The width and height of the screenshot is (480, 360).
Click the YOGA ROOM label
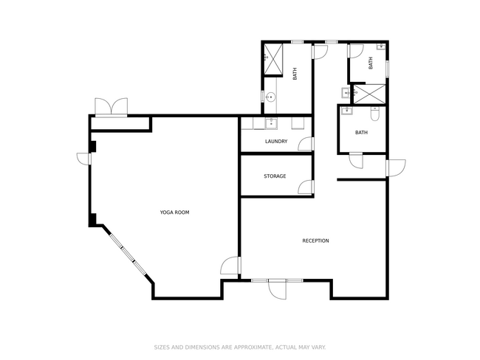click(x=174, y=212)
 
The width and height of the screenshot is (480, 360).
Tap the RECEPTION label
click(x=315, y=240)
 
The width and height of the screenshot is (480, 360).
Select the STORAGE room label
click(x=275, y=176)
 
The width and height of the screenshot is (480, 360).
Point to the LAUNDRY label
click(x=276, y=142)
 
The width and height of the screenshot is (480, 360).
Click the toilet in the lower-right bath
click(x=375, y=114)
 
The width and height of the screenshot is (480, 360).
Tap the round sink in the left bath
click(x=270, y=97)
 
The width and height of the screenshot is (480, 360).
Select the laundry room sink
click(x=271, y=123)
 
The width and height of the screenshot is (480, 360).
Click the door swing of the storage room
click(x=306, y=187)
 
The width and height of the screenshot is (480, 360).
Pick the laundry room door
click(x=306, y=144)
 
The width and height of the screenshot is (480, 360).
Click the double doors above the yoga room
click(x=111, y=107)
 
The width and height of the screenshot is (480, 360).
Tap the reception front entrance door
click(x=278, y=289)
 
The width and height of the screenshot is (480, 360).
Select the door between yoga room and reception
click(x=231, y=266)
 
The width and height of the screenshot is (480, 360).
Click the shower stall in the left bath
click(x=273, y=59)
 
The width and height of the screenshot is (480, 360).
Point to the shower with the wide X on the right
click(x=369, y=94)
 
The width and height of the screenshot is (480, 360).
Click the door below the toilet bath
click(x=356, y=161)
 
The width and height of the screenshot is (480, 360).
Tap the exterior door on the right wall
click(x=396, y=168)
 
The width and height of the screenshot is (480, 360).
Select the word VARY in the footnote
click(x=318, y=347)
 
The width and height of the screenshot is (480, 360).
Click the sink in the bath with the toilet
click(x=347, y=111)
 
